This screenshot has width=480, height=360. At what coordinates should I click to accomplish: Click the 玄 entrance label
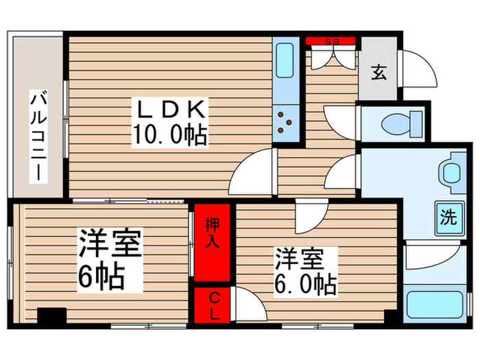379,71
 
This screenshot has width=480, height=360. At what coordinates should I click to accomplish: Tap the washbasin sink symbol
451,172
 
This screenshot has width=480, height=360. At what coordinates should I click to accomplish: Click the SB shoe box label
332,40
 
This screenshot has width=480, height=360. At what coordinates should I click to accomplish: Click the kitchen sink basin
284,63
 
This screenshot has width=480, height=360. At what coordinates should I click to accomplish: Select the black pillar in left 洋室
51,316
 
